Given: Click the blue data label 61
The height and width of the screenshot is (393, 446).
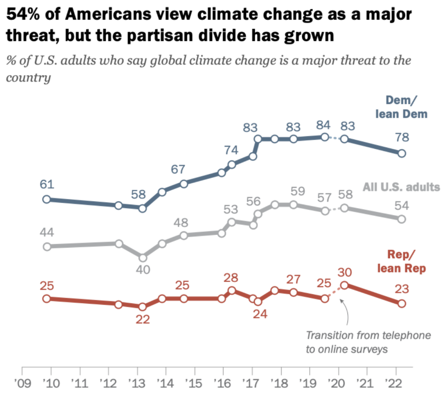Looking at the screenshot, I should coord(47,185).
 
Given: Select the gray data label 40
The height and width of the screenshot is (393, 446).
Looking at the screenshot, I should coord(143,269).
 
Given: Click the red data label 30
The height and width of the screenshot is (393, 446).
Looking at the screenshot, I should coord(344,272).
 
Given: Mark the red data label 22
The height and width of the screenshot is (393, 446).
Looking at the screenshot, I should coord(142,319).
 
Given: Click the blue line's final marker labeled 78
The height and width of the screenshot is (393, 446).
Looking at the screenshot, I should coord(402,153).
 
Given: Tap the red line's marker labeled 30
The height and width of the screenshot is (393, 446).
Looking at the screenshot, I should coord(344,286).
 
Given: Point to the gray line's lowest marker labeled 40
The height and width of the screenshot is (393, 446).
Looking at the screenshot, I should coord(142,257).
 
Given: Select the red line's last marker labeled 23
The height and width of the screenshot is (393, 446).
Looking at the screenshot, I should coord(402,303).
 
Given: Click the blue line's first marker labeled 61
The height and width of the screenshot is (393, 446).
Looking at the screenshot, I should coord(47,199).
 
